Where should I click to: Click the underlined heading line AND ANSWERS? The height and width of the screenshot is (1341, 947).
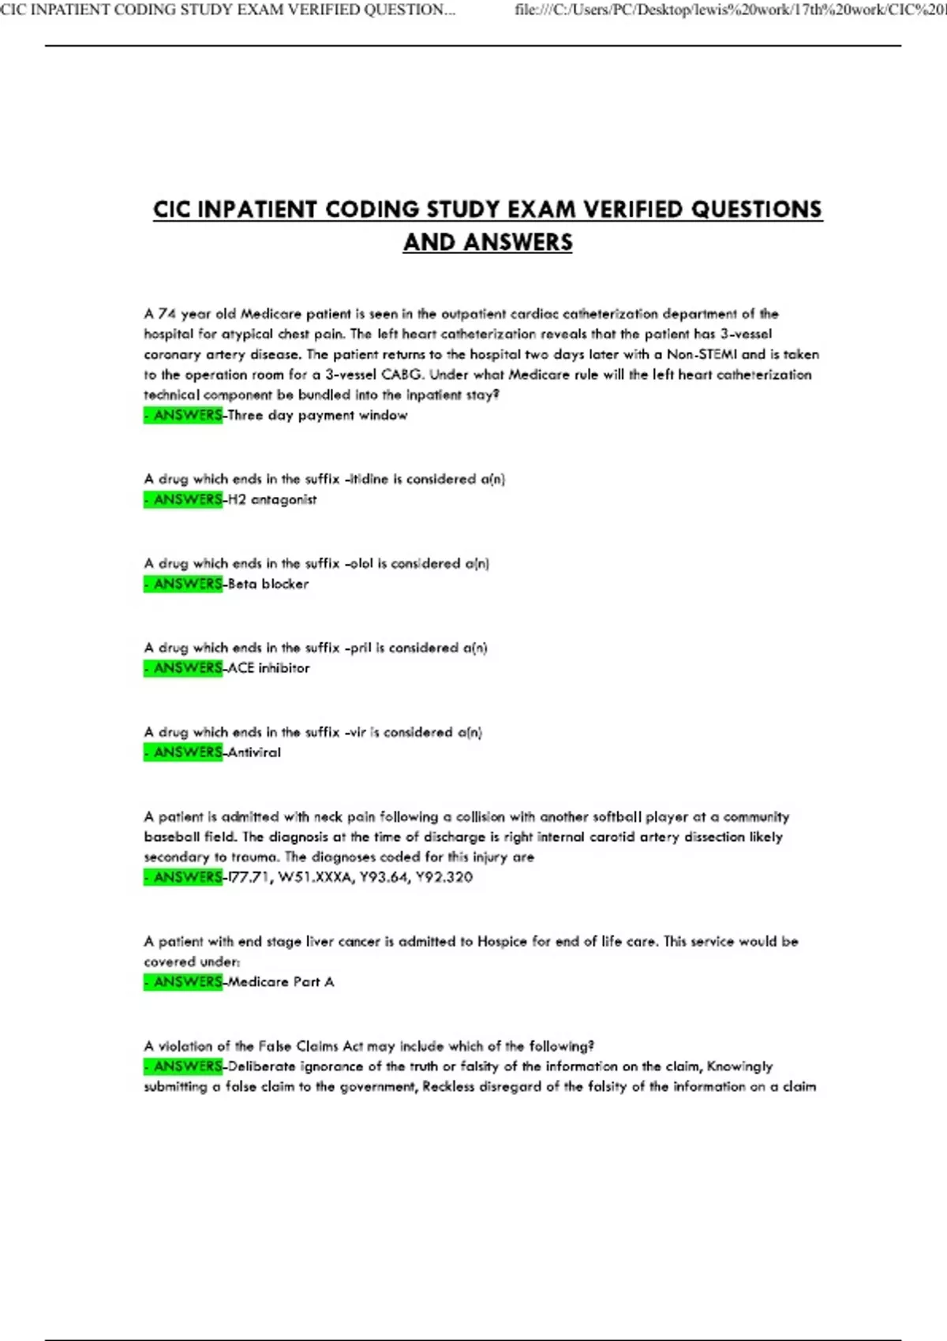pos(488,242)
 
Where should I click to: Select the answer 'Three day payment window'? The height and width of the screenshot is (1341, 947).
pos(317,416)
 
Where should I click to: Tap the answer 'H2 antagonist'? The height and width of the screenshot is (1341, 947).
pos(272,500)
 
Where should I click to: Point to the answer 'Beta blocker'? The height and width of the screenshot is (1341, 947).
pos(268,585)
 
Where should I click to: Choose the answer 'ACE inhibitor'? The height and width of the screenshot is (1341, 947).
pos(268,668)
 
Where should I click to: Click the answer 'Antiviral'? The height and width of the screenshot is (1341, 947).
pos(254,753)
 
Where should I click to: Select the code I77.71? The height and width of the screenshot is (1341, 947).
pos(249,877)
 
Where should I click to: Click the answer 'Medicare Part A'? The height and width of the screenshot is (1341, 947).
pos(281,982)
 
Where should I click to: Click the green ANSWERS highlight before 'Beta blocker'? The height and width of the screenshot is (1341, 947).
pos(184,585)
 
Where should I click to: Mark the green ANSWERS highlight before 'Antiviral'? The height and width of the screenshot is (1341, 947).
pos(184,753)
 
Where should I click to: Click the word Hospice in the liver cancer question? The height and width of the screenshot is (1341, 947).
pos(502,942)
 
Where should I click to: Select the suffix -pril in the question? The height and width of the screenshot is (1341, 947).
pos(359,648)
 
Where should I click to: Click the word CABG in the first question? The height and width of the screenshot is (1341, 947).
pos(402,375)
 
